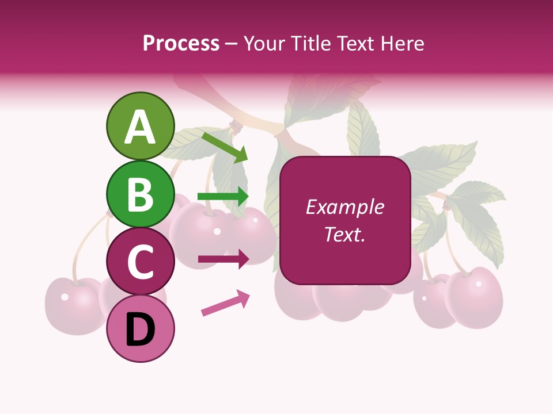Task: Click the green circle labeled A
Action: click(x=140, y=126)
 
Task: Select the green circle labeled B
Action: click(x=140, y=194)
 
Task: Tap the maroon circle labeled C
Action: click(x=140, y=262)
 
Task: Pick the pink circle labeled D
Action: click(x=140, y=329)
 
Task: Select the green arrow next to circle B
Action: click(x=223, y=196)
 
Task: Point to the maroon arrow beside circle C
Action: click(x=223, y=259)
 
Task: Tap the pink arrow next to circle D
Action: click(x=225, y=304)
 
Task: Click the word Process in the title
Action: click(x=181, y=43)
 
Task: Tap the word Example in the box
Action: click(x=344, y=207)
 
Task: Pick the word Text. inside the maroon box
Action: click(x=344, y=235)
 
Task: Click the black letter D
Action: click(x=140, y=330)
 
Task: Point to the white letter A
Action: click(x=140, y=127)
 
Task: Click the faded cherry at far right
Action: click(x=475, y=297)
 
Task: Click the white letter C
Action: click(x=140, y=262)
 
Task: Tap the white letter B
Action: click(x=140, y=194)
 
